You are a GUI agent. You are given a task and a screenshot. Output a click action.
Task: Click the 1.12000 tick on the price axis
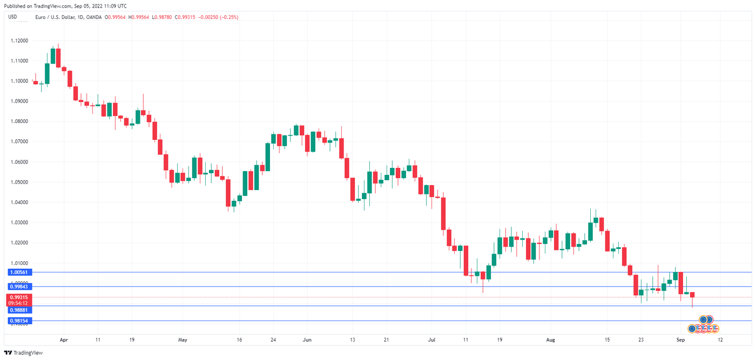tap(19, 40)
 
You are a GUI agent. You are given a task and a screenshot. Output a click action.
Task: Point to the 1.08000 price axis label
tap(19, 121)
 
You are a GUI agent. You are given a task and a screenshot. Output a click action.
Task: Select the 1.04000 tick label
tap(19, 202)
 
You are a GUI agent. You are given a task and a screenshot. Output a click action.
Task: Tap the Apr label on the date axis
tap(64, 341)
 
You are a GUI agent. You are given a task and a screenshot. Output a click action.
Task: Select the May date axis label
tap(183, 341)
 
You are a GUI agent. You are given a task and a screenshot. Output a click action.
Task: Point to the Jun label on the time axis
tap(307, 341)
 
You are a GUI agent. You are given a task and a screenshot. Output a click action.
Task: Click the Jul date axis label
tap(431, 341)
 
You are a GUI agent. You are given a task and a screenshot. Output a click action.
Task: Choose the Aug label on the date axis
tap(550, 341)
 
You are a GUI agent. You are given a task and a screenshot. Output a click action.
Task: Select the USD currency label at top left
tap(12, 17)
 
